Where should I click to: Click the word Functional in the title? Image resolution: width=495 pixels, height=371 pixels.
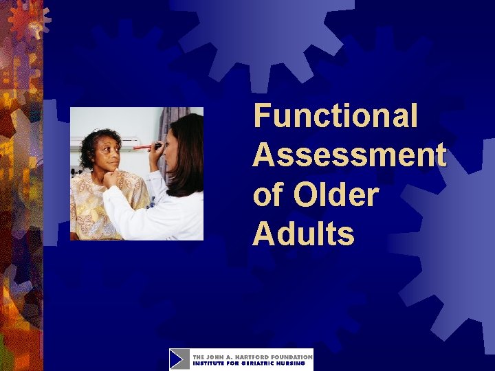(x=335, y=115)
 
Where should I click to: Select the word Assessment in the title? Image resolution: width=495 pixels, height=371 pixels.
(x=349, y=155)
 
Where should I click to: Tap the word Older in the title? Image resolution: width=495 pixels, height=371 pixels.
(x=335, y=195)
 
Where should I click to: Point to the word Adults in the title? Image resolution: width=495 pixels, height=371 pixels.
(x=303, y=235)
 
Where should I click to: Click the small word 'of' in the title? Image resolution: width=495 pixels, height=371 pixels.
(x=267, y=195)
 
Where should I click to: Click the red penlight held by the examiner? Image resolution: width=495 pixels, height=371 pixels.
(x=146, y=146)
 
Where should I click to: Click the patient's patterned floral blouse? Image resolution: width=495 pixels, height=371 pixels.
(x=89, y=206)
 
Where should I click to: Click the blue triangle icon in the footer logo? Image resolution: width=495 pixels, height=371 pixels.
(x=179, y=359)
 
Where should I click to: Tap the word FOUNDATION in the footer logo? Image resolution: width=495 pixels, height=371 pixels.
(x=291, y=357)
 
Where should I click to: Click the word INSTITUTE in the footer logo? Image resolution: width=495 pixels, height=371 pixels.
(x=207, y=363)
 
